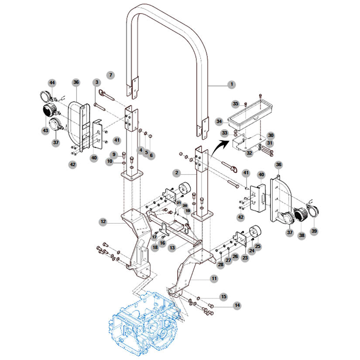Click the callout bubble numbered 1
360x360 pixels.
(232, 84)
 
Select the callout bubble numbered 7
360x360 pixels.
(111, 75)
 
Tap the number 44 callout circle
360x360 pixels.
(52, 82)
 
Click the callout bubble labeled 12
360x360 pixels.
(103, 222)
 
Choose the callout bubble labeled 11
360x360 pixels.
(214, 278)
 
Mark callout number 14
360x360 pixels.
(237, 305)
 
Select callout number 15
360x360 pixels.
(223, 297)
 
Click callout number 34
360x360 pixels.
(219, 121)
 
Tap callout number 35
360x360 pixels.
(236, 104)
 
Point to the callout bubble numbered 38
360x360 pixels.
(301, 235)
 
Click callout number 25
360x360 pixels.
(257, 247)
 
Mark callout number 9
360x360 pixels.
(114, 154)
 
